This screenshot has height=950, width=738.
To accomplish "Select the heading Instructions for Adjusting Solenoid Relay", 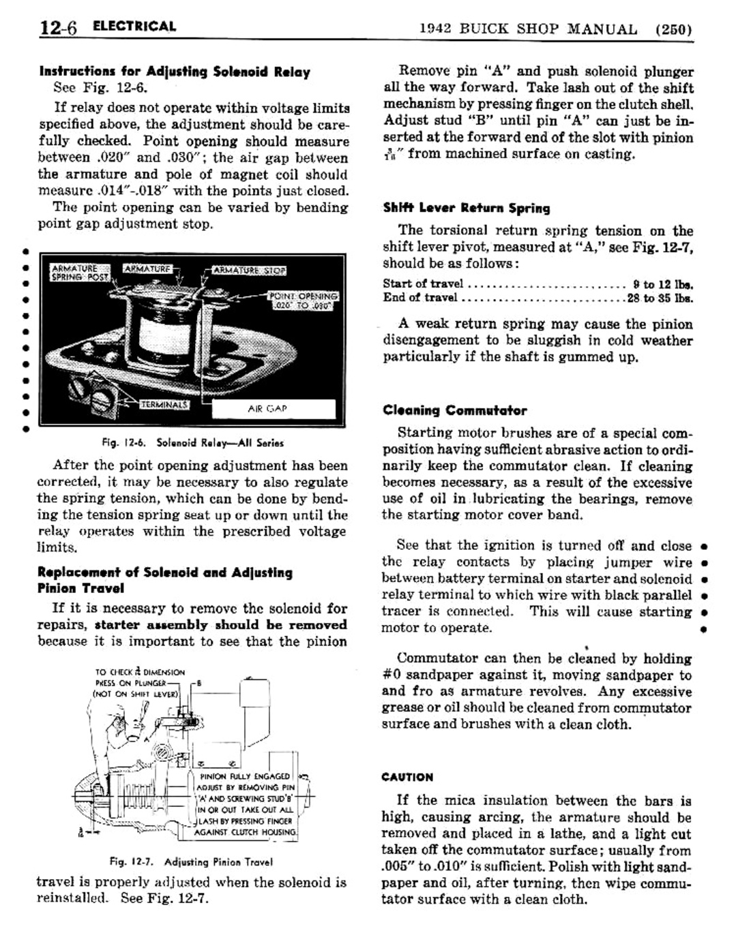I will click(175, 72).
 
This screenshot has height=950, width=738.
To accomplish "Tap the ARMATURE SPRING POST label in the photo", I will click(74, 273).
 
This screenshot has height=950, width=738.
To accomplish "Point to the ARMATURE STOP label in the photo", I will click(249, 271).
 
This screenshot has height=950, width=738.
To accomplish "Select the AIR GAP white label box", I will click(273, 408).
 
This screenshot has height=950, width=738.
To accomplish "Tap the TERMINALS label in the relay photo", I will click(164, 405).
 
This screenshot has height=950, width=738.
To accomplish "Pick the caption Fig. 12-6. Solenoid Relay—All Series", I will click(192, 443).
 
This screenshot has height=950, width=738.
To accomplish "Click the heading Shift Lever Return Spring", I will click(466, 209).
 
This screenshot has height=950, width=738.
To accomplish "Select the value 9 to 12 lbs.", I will click(662, 284).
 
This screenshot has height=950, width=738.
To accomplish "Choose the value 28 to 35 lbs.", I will click(660, 298).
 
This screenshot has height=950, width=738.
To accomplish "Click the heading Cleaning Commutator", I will click(454, 410).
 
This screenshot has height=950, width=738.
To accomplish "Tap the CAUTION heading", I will click(407, 777).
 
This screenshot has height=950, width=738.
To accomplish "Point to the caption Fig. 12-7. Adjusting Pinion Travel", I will click(191, 861).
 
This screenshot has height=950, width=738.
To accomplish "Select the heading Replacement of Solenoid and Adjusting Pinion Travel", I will click(164, 580).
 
